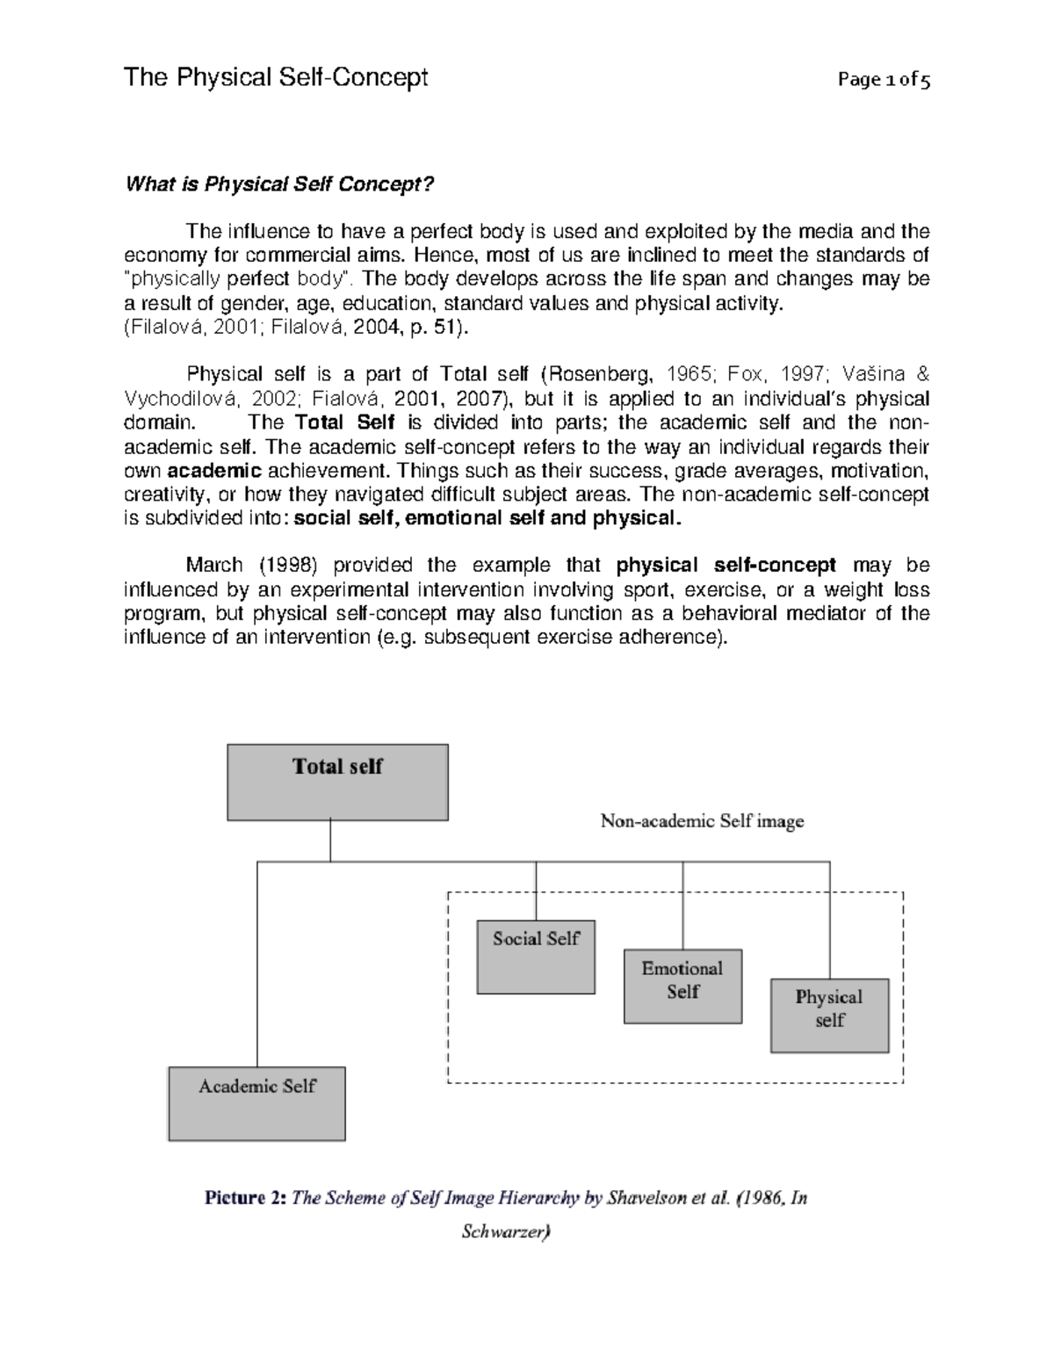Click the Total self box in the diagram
coord(337,782)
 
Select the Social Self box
coord(536,956)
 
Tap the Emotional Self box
coord(682,985)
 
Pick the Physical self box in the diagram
coord(829,1014)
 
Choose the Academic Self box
coord(256,1103)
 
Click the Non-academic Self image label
coord(702,822)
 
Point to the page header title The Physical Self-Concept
coord(276,78)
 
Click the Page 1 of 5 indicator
coord(884,80)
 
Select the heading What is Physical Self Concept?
coord(280,184)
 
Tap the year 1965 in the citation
coord(690,375)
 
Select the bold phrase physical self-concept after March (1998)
coord(726,566)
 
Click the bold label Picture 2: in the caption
coord(245,1197)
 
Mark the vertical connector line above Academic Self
coord(257,966)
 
